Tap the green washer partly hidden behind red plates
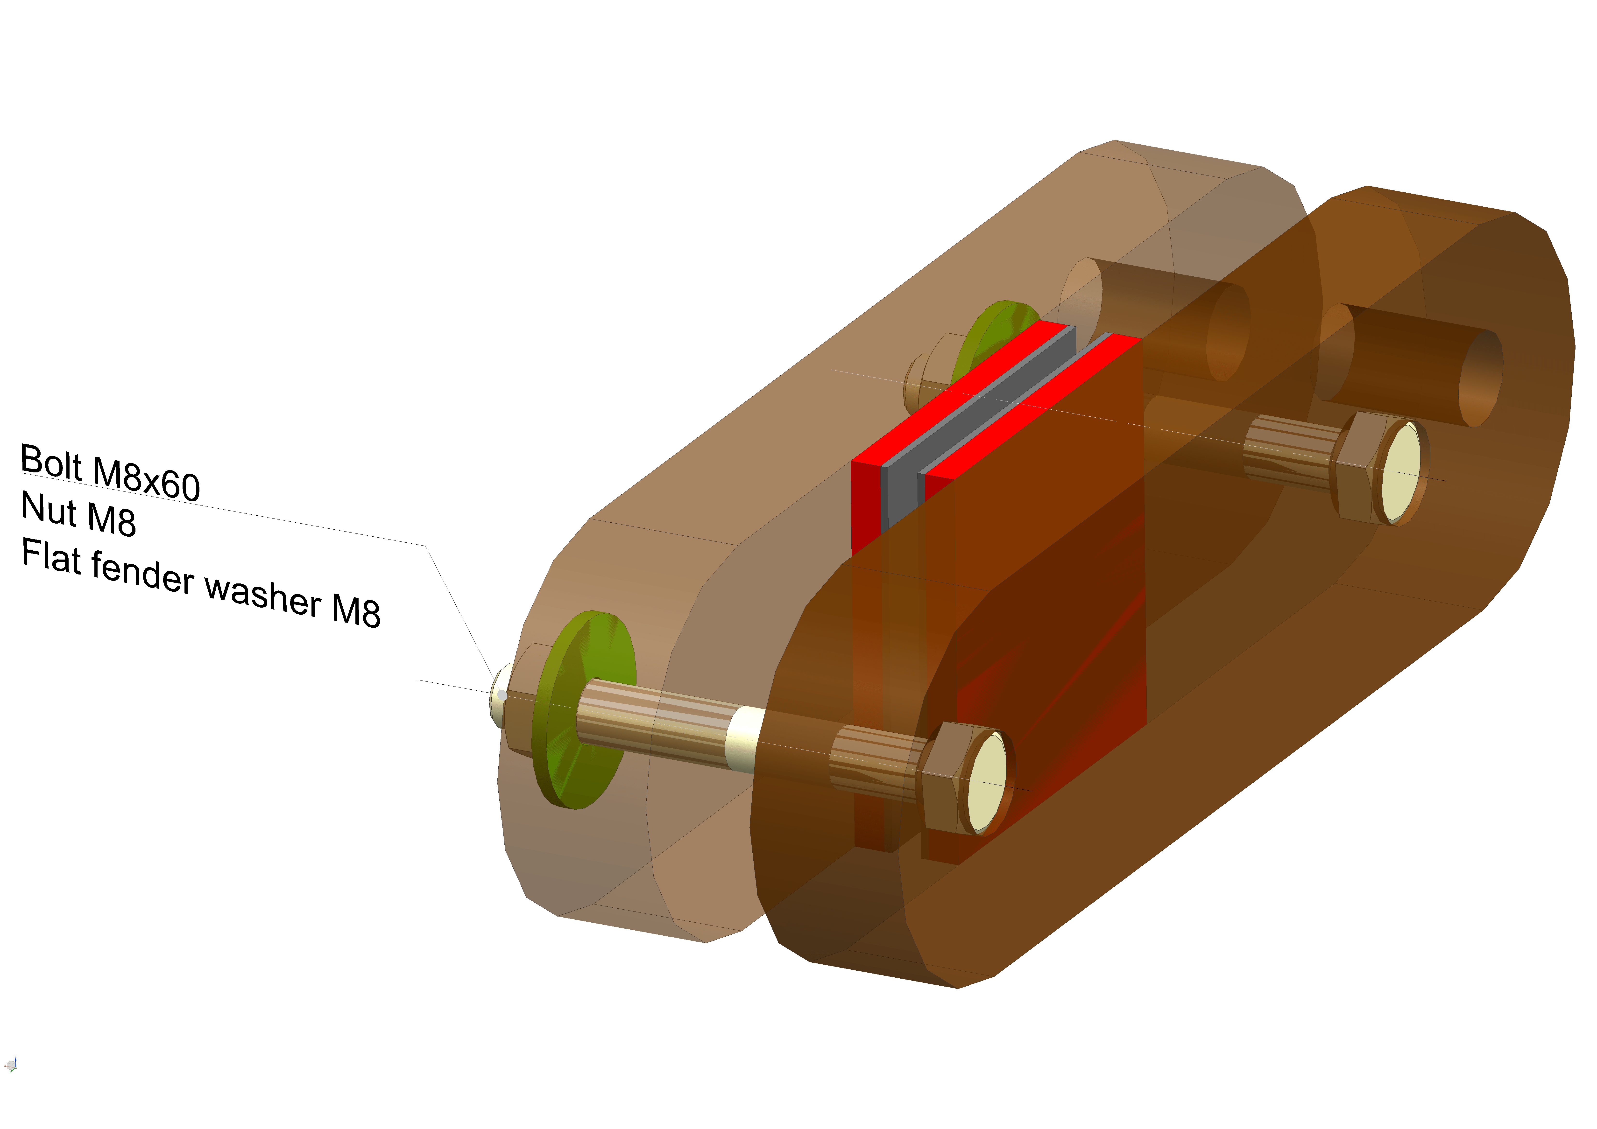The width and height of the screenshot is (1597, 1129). tap(988, 334)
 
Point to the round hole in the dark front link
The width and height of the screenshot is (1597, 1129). tap(1478, 379)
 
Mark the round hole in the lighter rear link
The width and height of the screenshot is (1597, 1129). tap(1228, 334)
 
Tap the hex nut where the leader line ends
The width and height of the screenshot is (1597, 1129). tap(522, 706)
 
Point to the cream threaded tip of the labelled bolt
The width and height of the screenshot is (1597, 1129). tap(499, 695)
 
